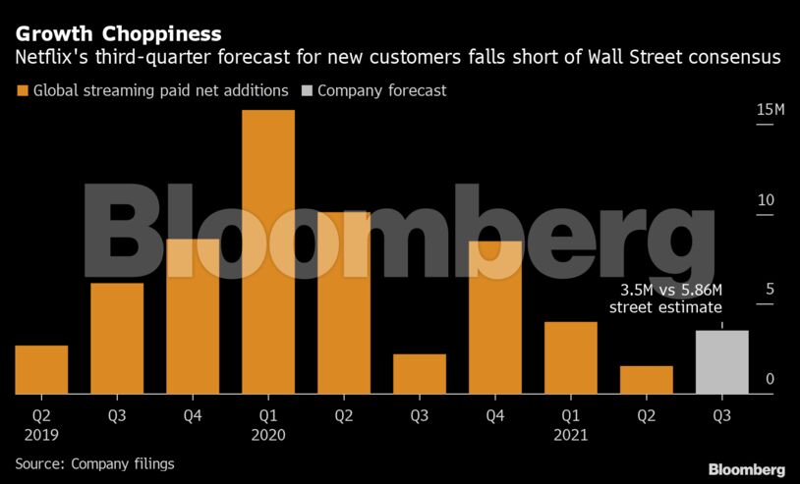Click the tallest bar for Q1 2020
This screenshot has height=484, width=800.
tap(268, 252)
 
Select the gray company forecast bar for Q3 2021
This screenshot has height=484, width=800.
tap(721, 362)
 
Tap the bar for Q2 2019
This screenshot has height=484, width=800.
tap(41, 370)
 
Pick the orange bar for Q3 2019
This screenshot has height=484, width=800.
tap(117, 339)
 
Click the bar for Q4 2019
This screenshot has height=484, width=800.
tap(193, 316)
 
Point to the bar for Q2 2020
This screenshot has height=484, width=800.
tap(344, 303)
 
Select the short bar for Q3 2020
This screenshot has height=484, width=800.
tap(420, 374)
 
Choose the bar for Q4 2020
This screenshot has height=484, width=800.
tap(495, 317)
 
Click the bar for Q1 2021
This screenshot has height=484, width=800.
tap(570, 358)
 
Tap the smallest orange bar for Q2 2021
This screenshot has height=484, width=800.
tap(646, 380)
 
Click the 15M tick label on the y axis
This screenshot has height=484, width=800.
tap(770, 110)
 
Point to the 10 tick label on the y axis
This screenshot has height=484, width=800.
tap(766, 200)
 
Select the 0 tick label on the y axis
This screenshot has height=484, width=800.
tap(771, 380)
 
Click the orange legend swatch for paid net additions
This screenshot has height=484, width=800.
tap(22, 91)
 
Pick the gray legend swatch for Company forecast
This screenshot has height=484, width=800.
tap(307, 91)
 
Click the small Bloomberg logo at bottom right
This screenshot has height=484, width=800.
tap(746, 469)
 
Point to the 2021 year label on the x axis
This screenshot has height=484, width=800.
tap(571, 435)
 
